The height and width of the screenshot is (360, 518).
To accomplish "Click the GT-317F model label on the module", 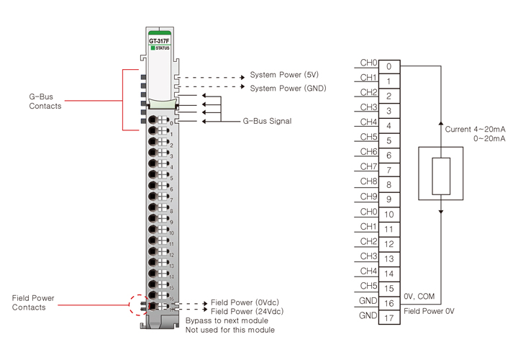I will click(159, 41).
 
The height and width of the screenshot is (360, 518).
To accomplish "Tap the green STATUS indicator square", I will click(153, 48).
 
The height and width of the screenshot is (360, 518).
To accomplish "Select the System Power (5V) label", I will click(284, 75).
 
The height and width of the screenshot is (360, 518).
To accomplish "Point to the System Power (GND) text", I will click(288, 88).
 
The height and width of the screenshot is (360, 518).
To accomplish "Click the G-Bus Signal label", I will click(267, 121).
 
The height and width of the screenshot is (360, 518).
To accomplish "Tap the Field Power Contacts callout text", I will click(33, 302).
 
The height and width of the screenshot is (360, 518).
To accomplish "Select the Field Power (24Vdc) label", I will click(247, 311).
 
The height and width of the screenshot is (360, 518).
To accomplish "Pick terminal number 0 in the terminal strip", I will click(388, 66).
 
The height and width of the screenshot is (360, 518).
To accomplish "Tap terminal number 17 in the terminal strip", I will click(388, 317).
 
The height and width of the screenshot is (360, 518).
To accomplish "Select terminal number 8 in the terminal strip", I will click(388, 184).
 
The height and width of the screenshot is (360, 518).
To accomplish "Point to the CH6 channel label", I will click(368, 151).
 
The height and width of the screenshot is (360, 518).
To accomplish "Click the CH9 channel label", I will click(368, 196).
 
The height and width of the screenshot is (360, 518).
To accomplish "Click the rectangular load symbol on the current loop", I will click(440, 176).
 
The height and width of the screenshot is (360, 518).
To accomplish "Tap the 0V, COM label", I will click(420, 295).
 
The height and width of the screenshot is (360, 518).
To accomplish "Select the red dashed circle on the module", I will click(139, 304).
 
